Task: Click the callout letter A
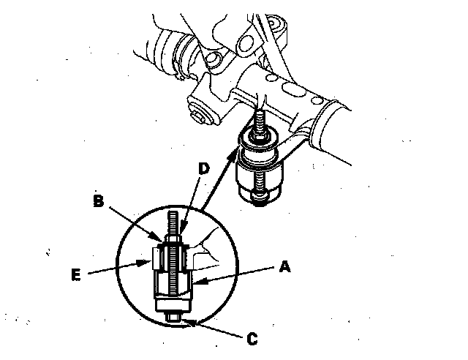[286, 269]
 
